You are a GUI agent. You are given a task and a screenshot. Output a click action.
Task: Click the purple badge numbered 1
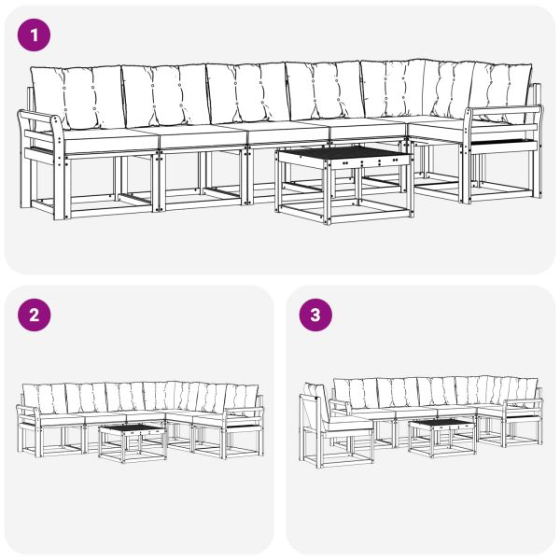(x=35, y=36)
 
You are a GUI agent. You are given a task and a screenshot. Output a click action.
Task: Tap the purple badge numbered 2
(x=35, y=315)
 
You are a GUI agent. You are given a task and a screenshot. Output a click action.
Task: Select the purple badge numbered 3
(x=315, y=315)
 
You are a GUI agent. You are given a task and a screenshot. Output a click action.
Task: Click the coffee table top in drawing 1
(x=343, y=154)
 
